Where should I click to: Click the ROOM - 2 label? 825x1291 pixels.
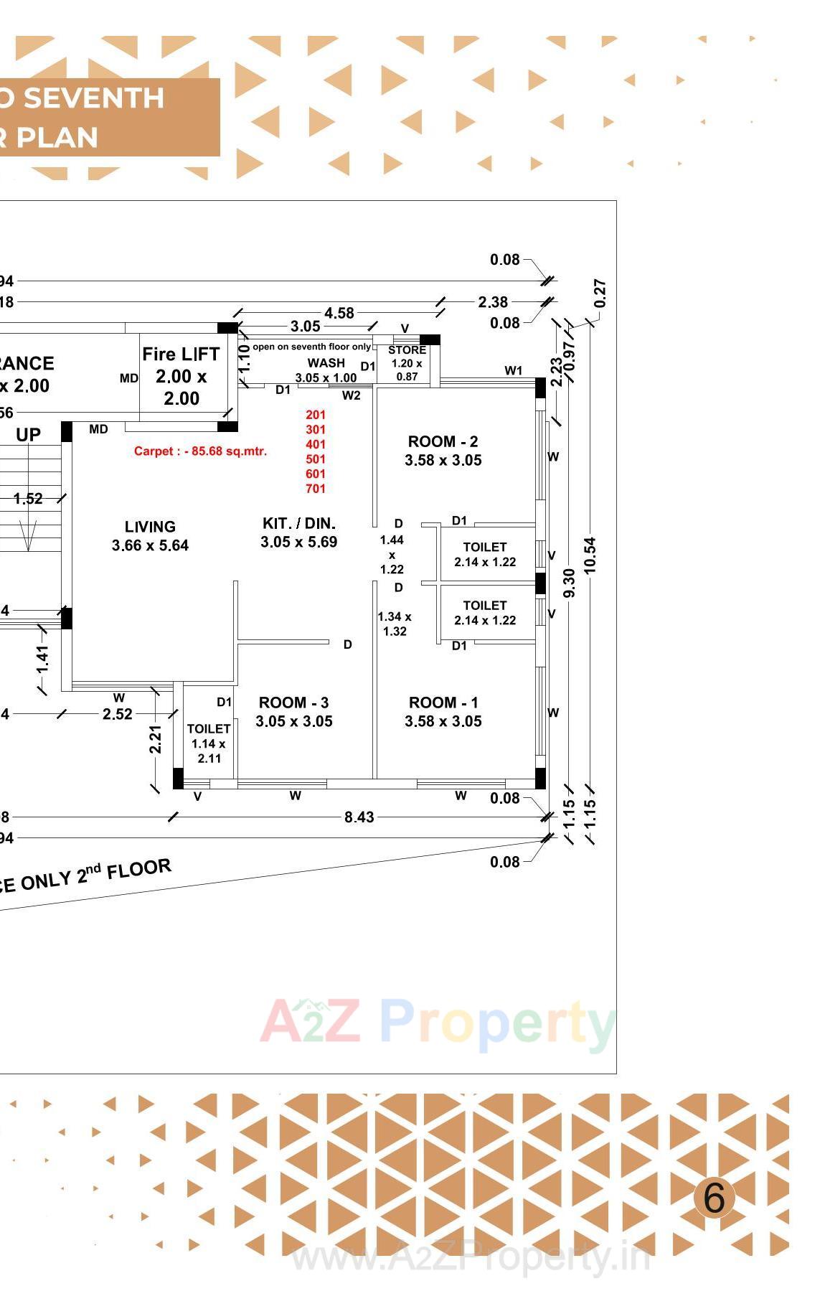pos(443,442)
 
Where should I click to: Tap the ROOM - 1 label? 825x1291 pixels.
pos(443,703)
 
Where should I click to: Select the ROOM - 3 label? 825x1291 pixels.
pos(293,703)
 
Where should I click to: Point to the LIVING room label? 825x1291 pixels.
pos(150,527)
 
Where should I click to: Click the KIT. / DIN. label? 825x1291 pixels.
pos(298,524)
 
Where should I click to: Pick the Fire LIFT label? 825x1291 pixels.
pos(181,355)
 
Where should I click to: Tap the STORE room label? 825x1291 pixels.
pos(407,350)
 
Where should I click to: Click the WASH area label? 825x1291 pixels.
pos(326,363)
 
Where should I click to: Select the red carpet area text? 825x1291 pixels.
pos(200,451)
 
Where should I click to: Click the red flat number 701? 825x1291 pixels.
pos(316,489)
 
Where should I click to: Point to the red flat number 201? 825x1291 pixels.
pos(316,415)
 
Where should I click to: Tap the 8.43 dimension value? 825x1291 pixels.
pos(359,817)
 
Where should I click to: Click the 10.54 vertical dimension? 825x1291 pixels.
pos(590,554)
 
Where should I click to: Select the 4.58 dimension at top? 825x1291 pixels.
pos(339,313)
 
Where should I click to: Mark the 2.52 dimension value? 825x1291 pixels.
pos(118,714)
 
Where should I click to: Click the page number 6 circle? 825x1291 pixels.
pos(714,1197)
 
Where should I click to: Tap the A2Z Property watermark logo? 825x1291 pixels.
pos(438,1022)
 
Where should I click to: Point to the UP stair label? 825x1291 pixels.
pos(28,435)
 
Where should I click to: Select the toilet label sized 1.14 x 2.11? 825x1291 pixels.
pos(209,729)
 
